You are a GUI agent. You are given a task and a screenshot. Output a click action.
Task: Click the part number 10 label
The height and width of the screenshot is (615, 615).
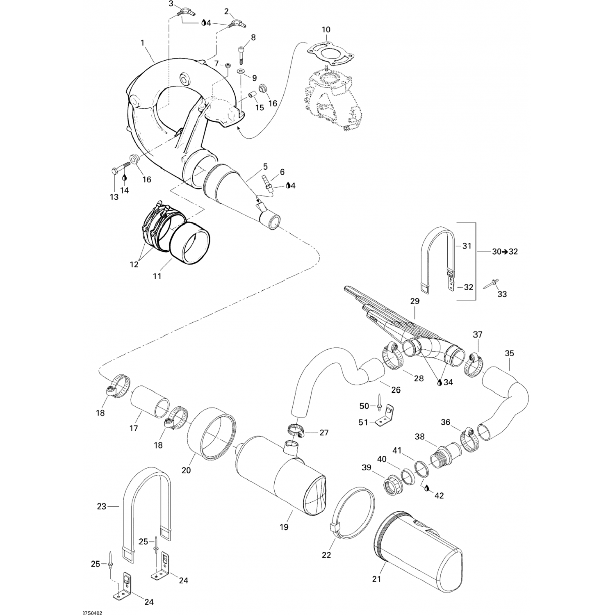pyautogui.click(x=326, y=30)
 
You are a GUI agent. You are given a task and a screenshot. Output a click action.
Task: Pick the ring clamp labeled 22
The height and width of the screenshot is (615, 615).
pyautogui.click(x=353, y=512)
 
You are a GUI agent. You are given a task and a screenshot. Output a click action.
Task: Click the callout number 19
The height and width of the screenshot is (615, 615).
pyautogui.click(x=284, y=527)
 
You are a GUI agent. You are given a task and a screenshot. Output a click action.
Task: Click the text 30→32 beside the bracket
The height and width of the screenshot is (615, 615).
pyautogui.click(x=505, y=251)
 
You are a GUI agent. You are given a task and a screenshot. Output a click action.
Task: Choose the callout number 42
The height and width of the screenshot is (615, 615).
pyautogui.click(x=439, y=495)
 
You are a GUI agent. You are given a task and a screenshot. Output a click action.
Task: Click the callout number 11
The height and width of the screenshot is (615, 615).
pyautogui.click(x=157, y=276)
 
